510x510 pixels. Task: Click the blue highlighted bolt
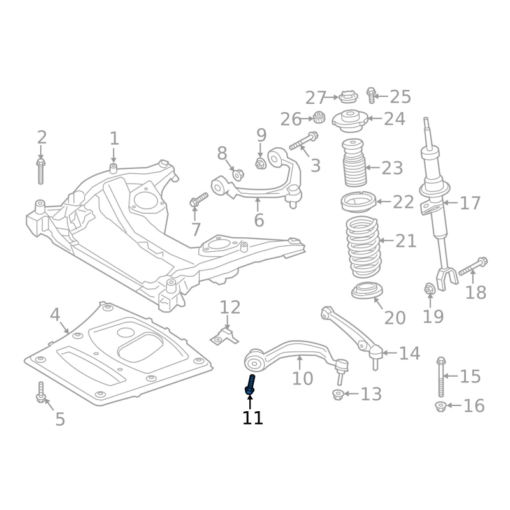coord(250,386)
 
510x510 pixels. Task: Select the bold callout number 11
coord(252,418)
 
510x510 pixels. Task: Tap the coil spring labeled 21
coord(362,247)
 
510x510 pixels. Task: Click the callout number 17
coord(470,203)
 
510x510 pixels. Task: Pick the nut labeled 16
coord(441,407)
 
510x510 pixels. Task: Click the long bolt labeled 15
coord(441,377)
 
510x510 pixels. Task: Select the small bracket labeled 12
coord(224,337)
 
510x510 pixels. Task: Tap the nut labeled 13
coord(338,395)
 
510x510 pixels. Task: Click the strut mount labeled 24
coord(350,121)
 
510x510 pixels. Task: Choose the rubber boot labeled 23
coord(354,163)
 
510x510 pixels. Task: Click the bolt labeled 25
coord(371,95)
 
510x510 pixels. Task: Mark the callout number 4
coord(55,314)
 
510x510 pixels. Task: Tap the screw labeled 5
coord(41,392)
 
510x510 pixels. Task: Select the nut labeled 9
coord(260,163)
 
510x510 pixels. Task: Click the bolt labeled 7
coord(198,200)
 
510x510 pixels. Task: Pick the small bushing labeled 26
coord(319,117)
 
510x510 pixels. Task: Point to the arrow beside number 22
coord(384,201)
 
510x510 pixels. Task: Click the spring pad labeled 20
coord(367,291)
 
